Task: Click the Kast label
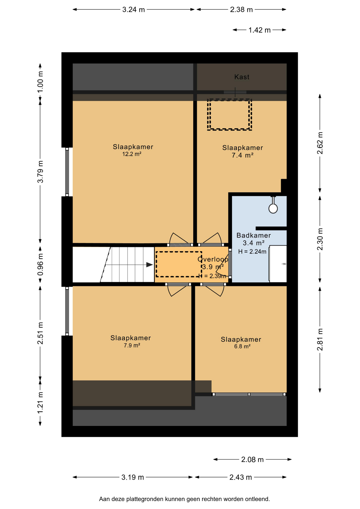242,77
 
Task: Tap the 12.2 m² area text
132,154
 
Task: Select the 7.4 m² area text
243,155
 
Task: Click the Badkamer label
254,235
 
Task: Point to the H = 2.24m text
252,252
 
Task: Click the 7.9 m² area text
132,345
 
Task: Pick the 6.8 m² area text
242,346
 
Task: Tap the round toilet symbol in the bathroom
273,208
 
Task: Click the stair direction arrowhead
150,265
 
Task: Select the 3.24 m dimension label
133,10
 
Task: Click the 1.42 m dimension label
259,30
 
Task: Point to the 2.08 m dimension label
252,459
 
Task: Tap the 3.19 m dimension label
133,477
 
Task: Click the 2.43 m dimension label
240,477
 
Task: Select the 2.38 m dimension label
241,10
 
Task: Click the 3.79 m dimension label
40,172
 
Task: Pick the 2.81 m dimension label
320,340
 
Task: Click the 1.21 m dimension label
40,402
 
